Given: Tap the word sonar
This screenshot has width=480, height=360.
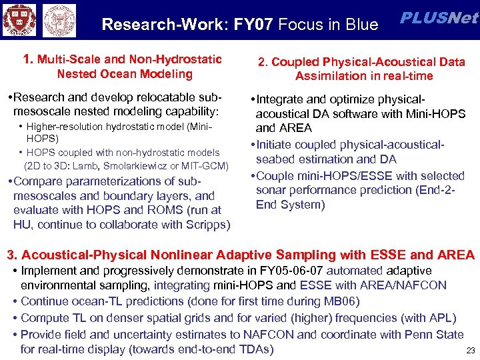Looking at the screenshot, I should [x=270, y=190].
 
